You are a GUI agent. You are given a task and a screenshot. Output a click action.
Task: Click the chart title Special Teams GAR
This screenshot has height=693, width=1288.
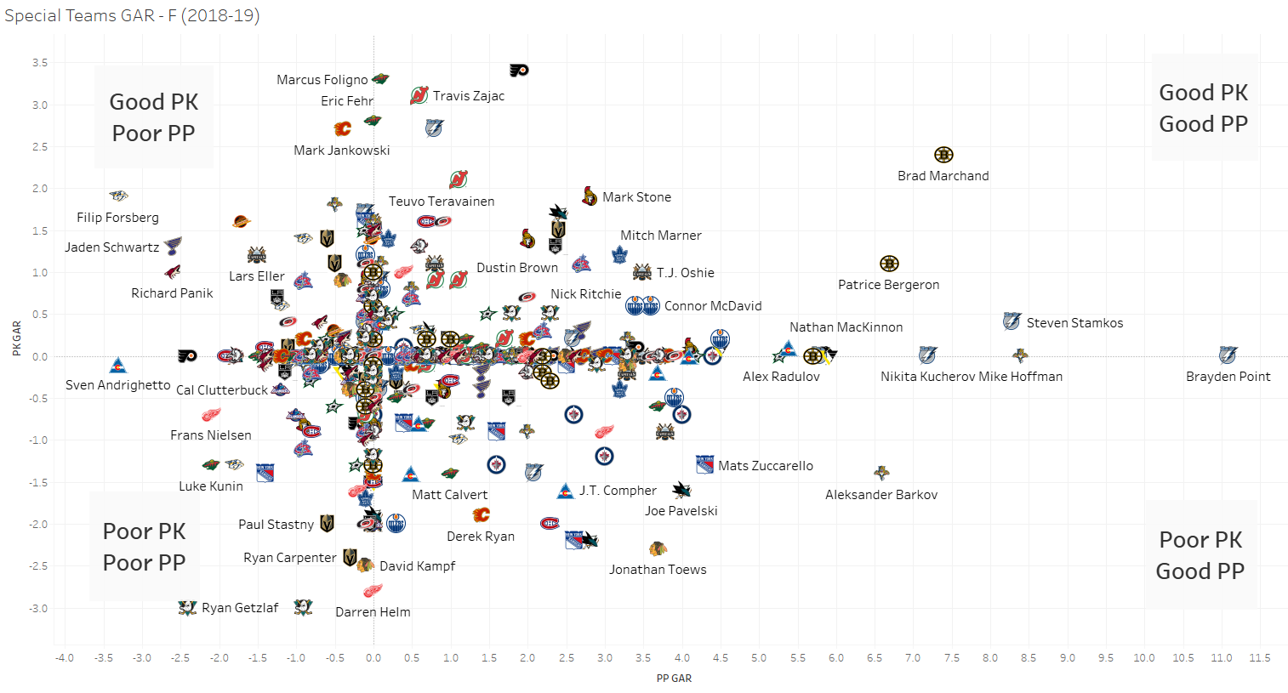tap(132, 15)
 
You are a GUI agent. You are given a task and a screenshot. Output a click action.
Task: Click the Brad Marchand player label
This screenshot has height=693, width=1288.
tap(943, 176)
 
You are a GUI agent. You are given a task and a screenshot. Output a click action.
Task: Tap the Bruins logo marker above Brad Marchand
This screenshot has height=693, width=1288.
tap(943, 155)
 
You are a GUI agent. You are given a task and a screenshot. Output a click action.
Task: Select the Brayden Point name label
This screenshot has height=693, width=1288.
tap(1228, 377)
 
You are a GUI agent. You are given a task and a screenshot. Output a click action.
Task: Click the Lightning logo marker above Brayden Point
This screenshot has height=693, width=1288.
tap(1228, 355)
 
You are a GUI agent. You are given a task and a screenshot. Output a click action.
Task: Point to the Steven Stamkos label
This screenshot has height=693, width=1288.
tap(1074, 323)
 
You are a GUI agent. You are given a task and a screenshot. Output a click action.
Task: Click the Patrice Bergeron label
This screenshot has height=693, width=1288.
tap(888, 285)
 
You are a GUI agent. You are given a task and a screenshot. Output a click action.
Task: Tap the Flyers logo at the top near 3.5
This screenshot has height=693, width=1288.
tap(519, 70)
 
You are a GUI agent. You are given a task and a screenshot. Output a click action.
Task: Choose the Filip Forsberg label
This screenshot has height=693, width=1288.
tap(117, 218)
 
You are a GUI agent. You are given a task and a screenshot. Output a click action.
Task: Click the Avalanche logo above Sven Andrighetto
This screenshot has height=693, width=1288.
tap(118, 366)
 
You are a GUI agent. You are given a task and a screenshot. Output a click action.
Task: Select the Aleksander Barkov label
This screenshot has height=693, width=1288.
tap(881, 495)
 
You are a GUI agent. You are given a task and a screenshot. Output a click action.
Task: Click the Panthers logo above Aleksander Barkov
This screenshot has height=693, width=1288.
tap(882, 473)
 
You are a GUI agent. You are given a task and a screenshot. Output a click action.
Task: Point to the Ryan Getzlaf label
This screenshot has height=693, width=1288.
tap(240, 608)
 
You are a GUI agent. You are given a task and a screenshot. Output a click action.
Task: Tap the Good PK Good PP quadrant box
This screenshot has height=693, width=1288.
tap(1204, 108)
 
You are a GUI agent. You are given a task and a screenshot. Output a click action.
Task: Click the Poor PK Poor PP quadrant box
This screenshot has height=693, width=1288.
tap(145, 547)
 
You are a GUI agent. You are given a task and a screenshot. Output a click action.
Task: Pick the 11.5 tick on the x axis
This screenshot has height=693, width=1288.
tap(1259, 658)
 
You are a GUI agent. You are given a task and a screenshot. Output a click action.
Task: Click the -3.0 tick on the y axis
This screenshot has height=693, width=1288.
tap(38, 609)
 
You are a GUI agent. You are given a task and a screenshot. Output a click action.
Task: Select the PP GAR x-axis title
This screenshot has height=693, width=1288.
tap(674, 679)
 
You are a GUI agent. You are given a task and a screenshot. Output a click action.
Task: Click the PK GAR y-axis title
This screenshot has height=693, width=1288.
tap(16, 338)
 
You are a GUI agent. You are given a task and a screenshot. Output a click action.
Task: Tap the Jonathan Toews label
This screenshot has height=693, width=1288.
tap(658, 570)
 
